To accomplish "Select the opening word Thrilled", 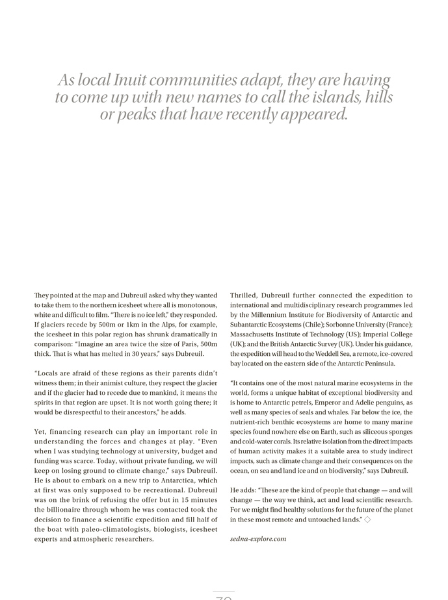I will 245,295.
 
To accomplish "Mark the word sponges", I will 398,432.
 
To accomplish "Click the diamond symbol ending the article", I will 367,519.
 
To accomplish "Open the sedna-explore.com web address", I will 258,539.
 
